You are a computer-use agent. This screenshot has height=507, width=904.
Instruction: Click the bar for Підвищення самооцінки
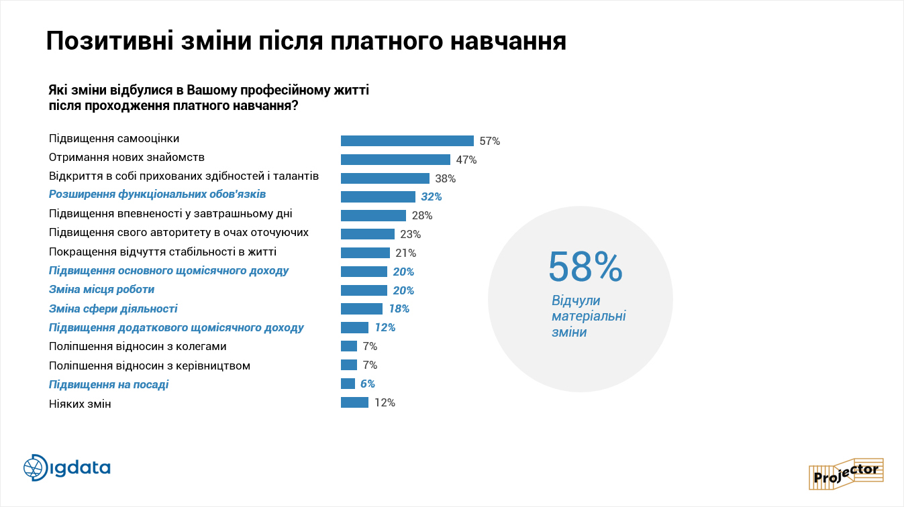pos(407,141)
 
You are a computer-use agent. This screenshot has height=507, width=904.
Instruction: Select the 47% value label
pos(466,160)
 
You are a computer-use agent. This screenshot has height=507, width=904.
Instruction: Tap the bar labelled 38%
pos(385,178)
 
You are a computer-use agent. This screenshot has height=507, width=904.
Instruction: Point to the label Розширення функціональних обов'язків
pos(157,195)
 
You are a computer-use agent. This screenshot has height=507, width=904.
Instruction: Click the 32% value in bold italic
pos(432,196)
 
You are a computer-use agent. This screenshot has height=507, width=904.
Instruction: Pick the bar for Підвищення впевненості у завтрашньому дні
pos(373,215)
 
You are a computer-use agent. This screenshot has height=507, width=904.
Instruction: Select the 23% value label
pos(410,234)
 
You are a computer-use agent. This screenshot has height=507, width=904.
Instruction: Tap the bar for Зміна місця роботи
pos(364,290)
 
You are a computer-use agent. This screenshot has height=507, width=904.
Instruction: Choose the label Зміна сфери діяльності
pos(113,309)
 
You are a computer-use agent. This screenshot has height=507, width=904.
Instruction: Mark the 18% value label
pos(399,309)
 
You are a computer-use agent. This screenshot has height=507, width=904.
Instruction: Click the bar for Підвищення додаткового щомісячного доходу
pos(354,328)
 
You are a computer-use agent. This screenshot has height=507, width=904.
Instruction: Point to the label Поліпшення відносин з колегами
pos(138,347)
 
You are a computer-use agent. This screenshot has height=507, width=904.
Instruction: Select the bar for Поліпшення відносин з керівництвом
pos(349,365)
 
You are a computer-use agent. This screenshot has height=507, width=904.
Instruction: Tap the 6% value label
pos(367,384)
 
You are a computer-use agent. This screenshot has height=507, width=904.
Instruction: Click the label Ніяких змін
pos(80,404)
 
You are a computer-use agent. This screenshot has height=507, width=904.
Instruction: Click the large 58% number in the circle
pos(585,266)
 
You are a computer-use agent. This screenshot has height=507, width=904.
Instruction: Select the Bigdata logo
pos(67,467)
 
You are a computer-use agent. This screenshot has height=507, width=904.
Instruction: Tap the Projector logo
pos(846,473)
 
